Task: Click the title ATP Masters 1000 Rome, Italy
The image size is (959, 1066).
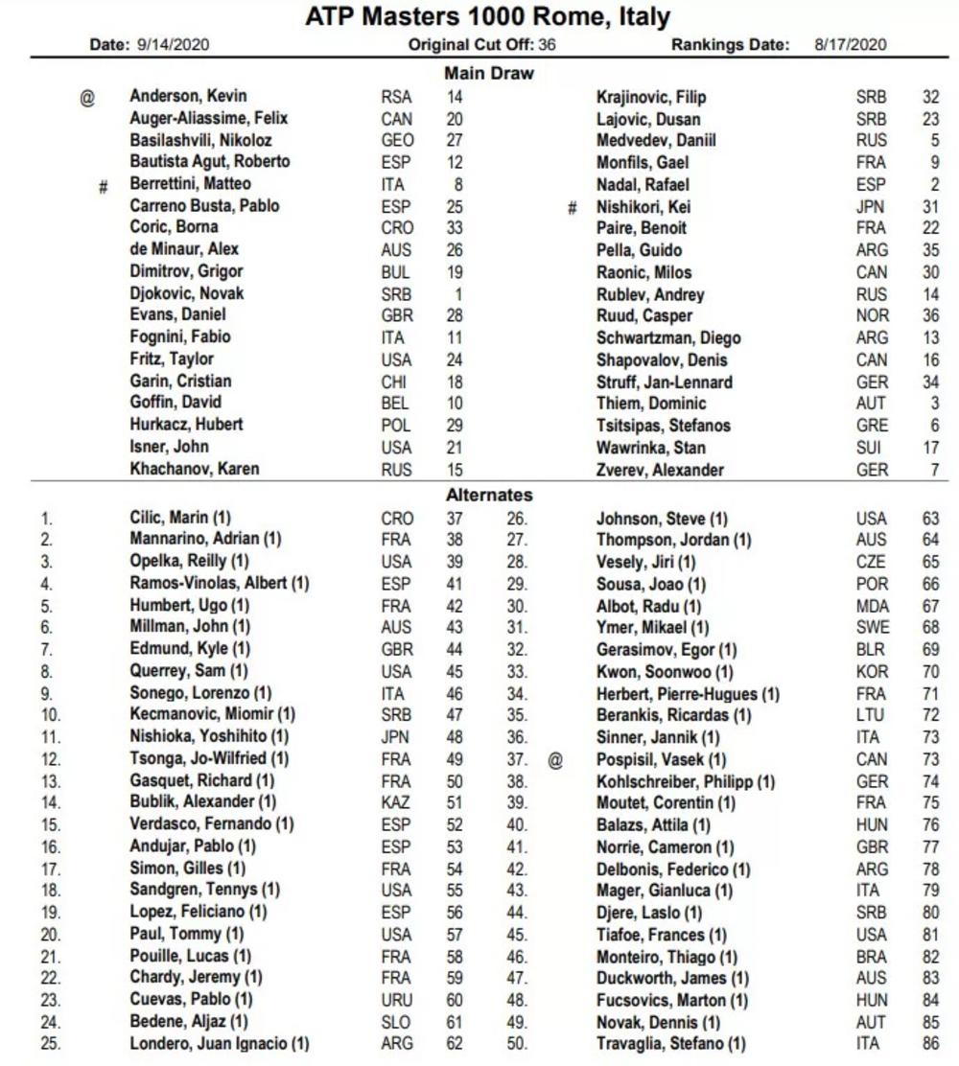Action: pos(488,17)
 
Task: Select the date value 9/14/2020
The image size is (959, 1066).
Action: pos(176,44)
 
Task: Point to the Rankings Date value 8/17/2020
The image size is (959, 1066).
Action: pos(851,44)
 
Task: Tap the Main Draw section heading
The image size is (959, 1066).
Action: pos(489,73)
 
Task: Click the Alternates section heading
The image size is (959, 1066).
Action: pos(489,495)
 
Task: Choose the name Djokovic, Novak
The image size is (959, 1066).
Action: pos(187,293)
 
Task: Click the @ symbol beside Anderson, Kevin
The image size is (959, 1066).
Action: pos(87,97)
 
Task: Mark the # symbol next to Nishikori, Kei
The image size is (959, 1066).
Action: pos(573,207)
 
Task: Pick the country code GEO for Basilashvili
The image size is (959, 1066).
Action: pos(396,140)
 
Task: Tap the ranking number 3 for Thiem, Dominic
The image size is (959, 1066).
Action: pos(933,404)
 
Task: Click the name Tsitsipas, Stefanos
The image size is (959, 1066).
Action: pos(664,426)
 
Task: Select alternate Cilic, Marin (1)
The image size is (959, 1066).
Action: pos(180,518)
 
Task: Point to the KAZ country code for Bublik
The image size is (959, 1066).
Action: pos(396,801)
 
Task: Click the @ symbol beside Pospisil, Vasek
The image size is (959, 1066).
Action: pos(555,759)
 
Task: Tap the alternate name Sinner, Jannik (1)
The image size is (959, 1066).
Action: pos(658,737)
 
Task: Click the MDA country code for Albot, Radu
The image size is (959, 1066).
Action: pos(873,606)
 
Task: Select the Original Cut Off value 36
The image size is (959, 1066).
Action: pos(547,44)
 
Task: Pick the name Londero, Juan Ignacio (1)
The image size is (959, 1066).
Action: pos(220,1043)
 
